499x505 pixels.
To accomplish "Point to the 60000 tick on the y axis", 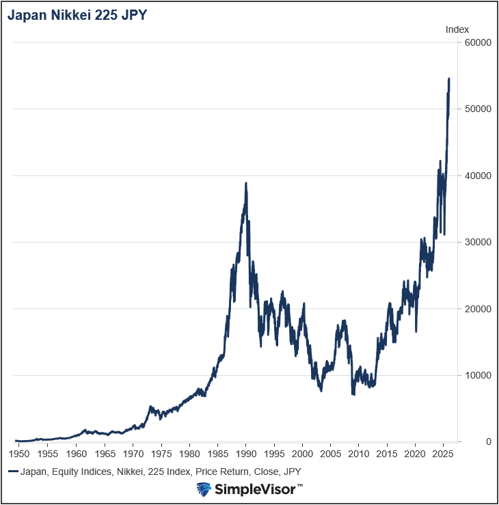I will tap(478, 43).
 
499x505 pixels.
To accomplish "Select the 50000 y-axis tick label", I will tap(478, 109).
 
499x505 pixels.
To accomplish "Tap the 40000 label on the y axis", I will tap(478, 176).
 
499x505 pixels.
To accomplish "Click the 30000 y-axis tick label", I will tap(478, 243).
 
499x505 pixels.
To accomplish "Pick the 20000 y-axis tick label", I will tap(478, 309).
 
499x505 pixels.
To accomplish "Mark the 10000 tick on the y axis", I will tap(478, 375).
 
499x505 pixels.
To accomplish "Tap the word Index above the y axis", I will tap(457, 29).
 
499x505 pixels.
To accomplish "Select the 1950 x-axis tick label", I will tap(19, 454).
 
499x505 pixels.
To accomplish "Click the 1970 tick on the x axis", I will tap(133, 454).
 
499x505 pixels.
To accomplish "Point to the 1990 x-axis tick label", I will tap(245, 454).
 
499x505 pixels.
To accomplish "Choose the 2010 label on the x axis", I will tap(358, 454).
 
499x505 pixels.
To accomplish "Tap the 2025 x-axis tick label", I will tap(443, 454).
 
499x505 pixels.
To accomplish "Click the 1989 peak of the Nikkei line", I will tap(245, 183).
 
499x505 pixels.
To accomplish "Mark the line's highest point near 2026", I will tap(449, 79).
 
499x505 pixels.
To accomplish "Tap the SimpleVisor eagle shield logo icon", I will tap(203, 489).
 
